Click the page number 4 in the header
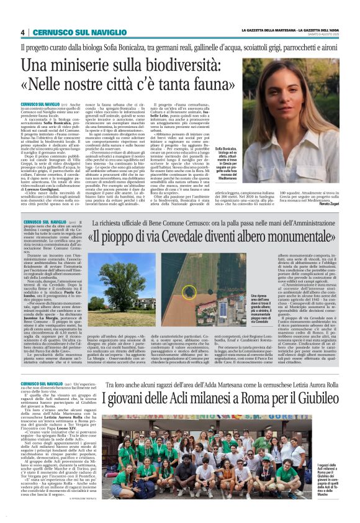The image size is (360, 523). click(x=22, y=32)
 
